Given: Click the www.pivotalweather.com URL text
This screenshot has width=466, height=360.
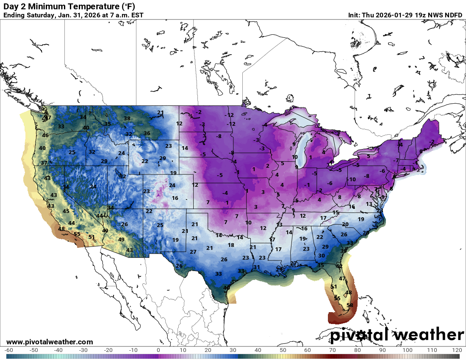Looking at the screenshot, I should (50, 342).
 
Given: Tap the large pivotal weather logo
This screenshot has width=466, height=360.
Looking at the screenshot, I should (397, 335).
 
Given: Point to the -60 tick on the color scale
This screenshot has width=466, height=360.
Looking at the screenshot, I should (9, 350).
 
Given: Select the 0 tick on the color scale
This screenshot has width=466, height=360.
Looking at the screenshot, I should (158, 350).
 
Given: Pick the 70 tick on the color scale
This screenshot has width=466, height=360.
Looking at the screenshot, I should (333, 350).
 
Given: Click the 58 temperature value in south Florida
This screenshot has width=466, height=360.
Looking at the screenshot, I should (350, 305).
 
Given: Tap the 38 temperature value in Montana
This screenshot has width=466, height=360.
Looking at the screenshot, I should (127, 119).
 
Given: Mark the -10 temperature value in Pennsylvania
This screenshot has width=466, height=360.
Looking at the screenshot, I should (352, 179).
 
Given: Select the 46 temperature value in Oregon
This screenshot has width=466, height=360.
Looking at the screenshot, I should (45, 136).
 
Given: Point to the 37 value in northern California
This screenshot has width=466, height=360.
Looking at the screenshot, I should (44, 163).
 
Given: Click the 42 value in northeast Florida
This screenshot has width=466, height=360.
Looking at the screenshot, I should (339, 266).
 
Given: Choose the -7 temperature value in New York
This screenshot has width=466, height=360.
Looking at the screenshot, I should (396, 160).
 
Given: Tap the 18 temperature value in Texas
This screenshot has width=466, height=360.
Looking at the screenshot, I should (231, 245).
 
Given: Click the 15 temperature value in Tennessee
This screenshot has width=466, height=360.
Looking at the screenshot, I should (336, 212).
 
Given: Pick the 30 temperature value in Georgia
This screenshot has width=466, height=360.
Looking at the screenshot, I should (322, 256).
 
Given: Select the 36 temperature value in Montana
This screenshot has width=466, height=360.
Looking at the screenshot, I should (147, 133).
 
